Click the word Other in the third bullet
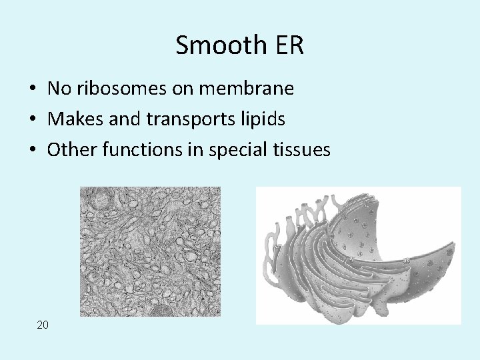point(67,150)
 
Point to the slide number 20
point(43,325)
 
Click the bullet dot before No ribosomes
point(32,89)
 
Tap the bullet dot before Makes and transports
point(32,120)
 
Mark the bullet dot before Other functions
point(32,151)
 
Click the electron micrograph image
point(149,251)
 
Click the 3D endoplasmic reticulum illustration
point(358,255)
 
